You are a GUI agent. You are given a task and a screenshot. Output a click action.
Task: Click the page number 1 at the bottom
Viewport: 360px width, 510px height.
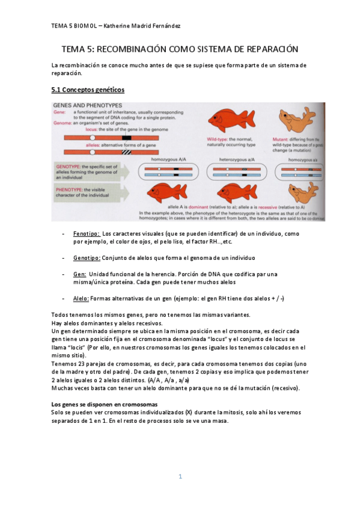(180, 477)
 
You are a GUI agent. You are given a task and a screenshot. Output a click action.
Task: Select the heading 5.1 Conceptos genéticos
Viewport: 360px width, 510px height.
(88, 90)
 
